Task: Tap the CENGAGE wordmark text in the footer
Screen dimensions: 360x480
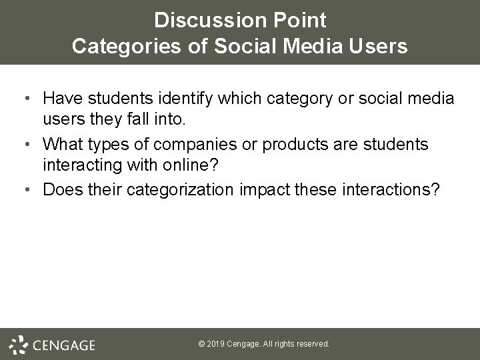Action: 63,345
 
